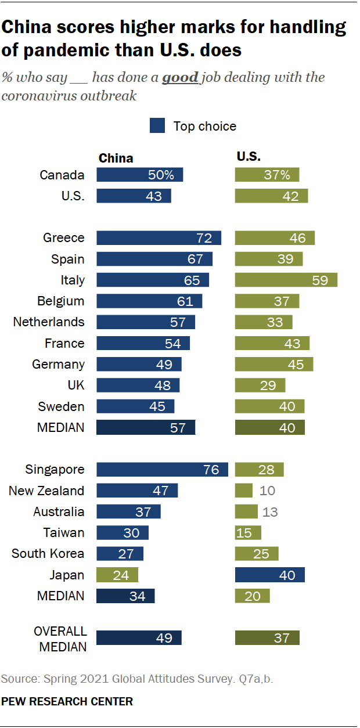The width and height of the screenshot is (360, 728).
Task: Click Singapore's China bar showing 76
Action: click(x=162, y=470)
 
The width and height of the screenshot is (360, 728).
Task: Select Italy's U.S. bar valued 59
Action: click(x=286, y=280)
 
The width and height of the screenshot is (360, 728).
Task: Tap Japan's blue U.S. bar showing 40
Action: click(x=269, y=575)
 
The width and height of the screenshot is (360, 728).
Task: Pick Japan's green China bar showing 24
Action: click(x=117, y=575)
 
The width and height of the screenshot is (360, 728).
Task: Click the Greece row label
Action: click(x=64, y=237)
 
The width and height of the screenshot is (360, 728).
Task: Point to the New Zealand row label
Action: click(x=46, y=491)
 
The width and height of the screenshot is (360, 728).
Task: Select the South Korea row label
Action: click(x=48, y=553)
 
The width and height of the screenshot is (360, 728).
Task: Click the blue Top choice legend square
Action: click(x=157, y=126)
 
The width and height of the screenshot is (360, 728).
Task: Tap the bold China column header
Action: click(x=116, y=158)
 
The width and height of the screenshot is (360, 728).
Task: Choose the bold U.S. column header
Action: click(x=249, y=157)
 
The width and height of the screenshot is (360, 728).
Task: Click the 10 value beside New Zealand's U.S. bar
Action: click(x=267, y=491)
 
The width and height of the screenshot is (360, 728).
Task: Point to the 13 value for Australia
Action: click(x=270, y=511)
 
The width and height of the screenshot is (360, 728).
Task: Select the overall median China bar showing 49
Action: click(x=139, y=637)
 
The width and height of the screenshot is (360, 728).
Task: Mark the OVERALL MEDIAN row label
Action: click(x=60, y=639)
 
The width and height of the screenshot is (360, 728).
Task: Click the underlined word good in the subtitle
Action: click(x=180, y=78)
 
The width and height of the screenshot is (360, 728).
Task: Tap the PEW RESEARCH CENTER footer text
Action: click(x=67, y=702)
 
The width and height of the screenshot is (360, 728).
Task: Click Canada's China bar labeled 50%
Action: click(x=139, y=175)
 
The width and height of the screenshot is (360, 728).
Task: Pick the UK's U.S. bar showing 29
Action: click(x=260, y=385)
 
